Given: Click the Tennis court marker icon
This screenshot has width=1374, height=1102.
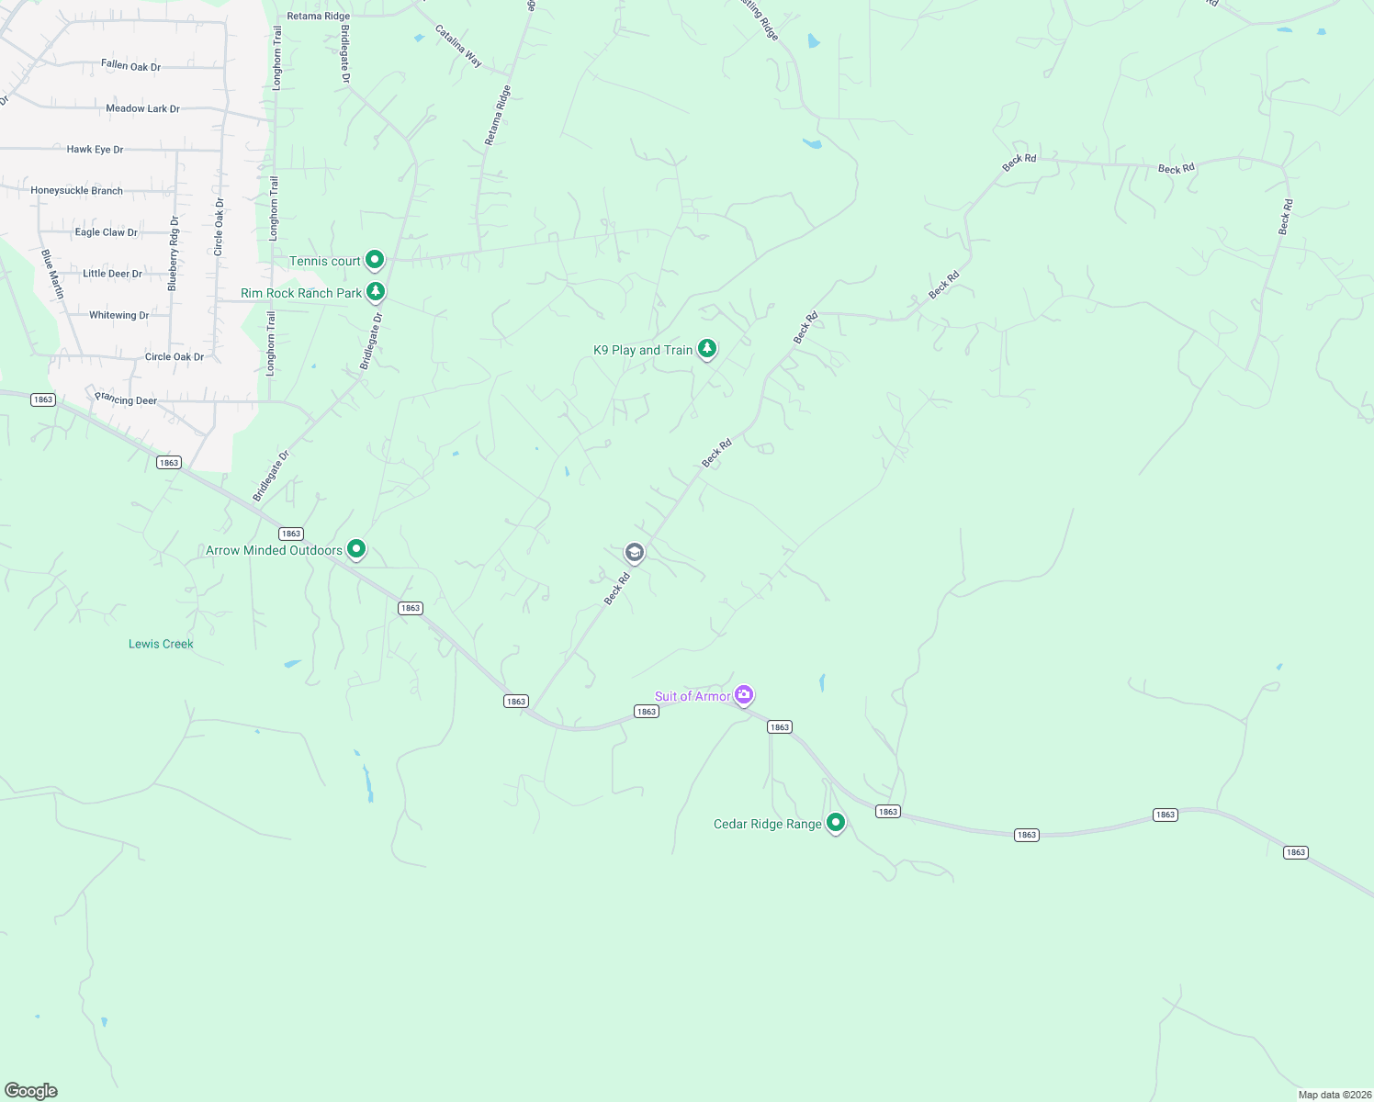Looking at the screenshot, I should [x=375, y=261].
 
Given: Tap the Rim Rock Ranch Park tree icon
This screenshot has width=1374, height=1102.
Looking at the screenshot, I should [x=376, y=292].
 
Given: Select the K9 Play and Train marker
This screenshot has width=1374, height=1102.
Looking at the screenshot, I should [x=706, y=349].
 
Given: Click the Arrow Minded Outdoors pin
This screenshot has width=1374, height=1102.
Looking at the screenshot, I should [x=356, y=549].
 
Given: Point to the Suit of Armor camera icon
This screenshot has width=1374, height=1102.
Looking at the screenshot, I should [x=745, y=695].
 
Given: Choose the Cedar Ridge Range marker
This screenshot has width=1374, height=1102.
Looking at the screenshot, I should [x=835, y=823].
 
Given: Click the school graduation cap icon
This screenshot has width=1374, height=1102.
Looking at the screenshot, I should [x=634, y=552].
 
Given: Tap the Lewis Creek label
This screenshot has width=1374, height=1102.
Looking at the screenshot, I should [x=161, y=644].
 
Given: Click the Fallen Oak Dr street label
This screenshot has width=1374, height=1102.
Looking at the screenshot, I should [x=130, y=66].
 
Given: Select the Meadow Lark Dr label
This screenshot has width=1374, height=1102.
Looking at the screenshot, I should [x=142, y=108].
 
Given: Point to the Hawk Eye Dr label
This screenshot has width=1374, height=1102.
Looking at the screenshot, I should [x=95, y=149].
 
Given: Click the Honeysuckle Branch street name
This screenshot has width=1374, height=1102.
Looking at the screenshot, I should [x=76, y=191].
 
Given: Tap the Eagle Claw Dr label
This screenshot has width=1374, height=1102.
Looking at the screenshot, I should [x=106, y=232].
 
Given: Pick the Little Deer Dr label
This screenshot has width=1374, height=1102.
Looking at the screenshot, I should [x=112, y=274].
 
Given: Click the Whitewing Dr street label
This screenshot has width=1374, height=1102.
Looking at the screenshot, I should [x=118, y=315].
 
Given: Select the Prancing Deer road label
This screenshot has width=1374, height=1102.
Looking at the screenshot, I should [x=126, y=399].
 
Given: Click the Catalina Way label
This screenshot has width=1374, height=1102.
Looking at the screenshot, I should [x=458, y=46].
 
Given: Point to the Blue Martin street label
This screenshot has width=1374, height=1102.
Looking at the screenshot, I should [x=53, y=274].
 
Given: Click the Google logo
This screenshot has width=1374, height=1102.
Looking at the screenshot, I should [x=31, y=1091].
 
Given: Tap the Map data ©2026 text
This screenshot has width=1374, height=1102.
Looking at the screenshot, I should [x=1333, y=1095].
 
